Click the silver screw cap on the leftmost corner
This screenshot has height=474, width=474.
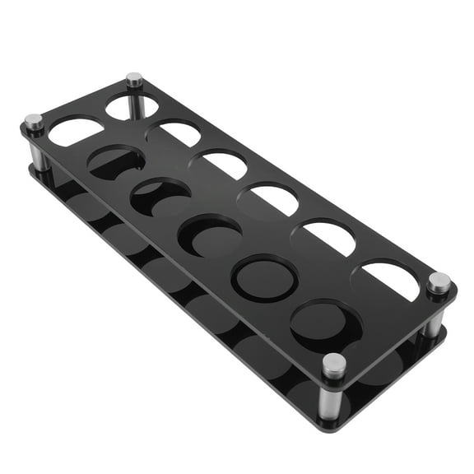click(33, 122)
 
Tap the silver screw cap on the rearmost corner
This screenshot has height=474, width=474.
click(134, 79)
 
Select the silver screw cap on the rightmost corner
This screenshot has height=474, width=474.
click(439, 282)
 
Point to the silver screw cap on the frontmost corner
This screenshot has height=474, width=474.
click(333, 365)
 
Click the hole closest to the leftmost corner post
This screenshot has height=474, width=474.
click(76, 130)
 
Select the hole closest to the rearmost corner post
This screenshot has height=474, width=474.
click(132, 106)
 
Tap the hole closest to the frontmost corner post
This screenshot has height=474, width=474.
click(325, 323)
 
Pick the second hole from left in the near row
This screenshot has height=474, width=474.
click(116, 161)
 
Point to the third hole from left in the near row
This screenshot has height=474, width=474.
click(160, 197)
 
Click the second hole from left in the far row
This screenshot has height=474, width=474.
click(174, 132)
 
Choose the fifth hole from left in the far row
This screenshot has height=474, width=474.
click(327, 237)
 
